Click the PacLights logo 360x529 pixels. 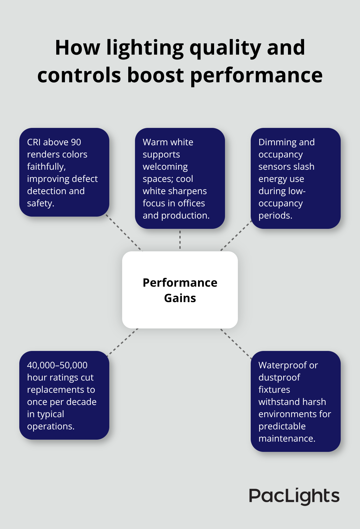click(x=294, y=496)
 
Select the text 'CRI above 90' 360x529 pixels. click(x=54, y=142)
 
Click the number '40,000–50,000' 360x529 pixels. click(x=57, y=365)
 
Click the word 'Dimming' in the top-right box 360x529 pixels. click(x=274, y=142)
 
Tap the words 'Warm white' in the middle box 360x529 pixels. click(x=168, y=142)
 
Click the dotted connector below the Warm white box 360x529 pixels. click(x=180, y=240)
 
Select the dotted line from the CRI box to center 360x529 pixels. click(x=124, y=233)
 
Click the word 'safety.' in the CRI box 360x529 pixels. click(x=40, y=203)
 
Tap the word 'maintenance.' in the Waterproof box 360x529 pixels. click(x=287, y=438)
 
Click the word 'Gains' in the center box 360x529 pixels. click(x=180, y=298)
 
